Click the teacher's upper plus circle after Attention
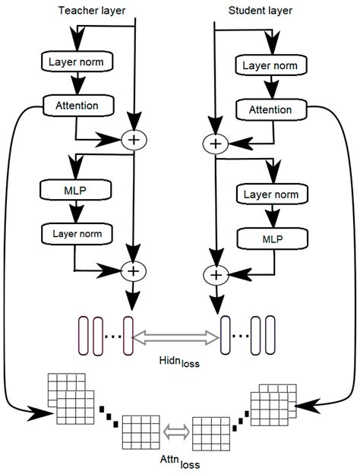[134, 140]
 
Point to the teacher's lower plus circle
[134, 270]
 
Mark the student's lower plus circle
[216, 274]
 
